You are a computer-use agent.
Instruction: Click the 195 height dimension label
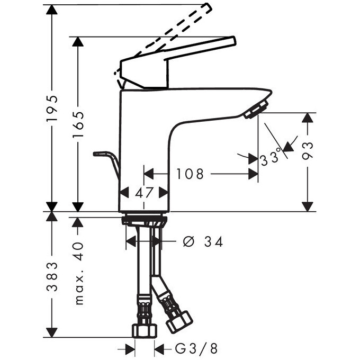[x=51, y=109]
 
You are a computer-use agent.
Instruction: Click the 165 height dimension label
[x=78, y=124]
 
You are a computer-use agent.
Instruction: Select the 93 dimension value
[x=308, y=150]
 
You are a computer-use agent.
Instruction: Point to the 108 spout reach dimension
[x=190, y=174]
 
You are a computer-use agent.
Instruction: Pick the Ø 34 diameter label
[x=202, y=242]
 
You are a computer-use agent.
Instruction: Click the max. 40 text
[x=78, y=274]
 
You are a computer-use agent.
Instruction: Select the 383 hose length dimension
[x=51, y=278]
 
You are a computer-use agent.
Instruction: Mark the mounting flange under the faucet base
[x=143, y=220]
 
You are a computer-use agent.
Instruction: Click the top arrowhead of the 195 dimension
[x=51, y=11]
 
